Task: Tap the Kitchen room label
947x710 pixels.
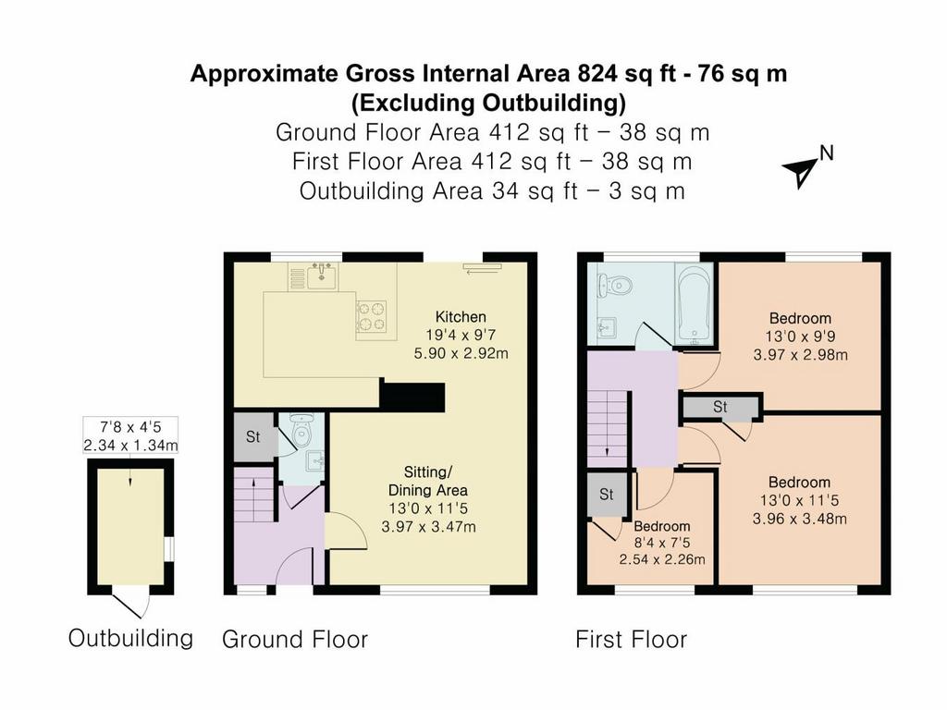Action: [461, 316]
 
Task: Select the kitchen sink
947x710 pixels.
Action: [322, 276]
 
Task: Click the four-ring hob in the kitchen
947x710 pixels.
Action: [372, 316]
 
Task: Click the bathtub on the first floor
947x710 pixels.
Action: [695, 305]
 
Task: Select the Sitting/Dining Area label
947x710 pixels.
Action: [427, 481]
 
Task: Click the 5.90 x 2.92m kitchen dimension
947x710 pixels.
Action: [461, 353]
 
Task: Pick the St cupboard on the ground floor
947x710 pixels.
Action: [253, 436]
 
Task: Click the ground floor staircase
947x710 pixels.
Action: [255, 496]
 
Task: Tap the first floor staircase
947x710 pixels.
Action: [609, 428]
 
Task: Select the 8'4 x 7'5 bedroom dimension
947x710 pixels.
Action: [662, 543]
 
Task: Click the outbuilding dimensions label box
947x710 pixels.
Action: [130, 435]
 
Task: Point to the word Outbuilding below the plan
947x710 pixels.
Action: [130, 638]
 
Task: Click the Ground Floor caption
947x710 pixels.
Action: [295, 640]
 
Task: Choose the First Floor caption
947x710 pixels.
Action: [631, 640]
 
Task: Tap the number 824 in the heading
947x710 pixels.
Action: [598, 74]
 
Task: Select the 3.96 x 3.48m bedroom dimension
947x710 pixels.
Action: [800, 519]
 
